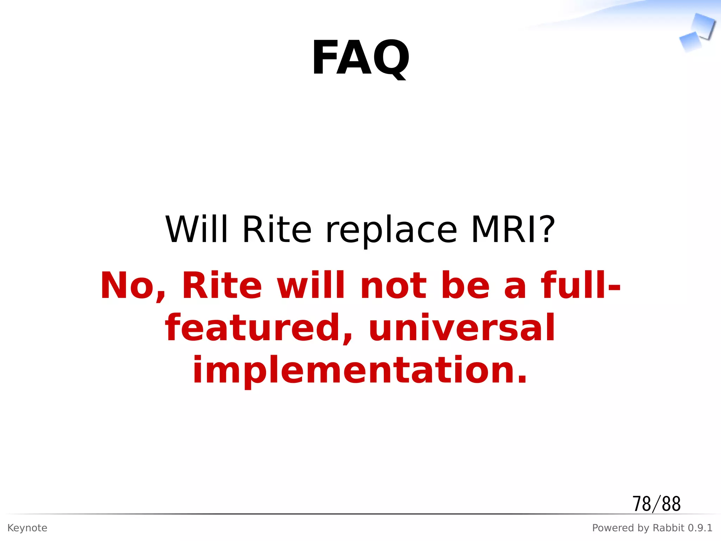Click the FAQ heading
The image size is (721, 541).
[360, 57]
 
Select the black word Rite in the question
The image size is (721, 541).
[277, 229]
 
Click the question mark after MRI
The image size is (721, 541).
[548, 229]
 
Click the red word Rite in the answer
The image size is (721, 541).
[222, 285]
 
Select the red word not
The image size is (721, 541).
[394, 285]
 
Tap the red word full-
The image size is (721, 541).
[581, 285]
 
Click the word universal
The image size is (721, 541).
[462, 328]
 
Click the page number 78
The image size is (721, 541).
[641, 504]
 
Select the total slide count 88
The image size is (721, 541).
[671, 504]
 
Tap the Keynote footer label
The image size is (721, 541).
[27, 528]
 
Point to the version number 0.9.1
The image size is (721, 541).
[700, 528]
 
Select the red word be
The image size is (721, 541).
[465, 285]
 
